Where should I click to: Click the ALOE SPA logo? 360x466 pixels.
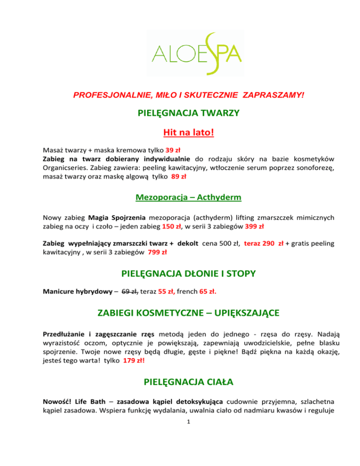pyautogui.click(x=180, y=53)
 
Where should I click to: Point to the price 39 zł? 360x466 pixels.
pyautogui.click(x=173, y=151)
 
